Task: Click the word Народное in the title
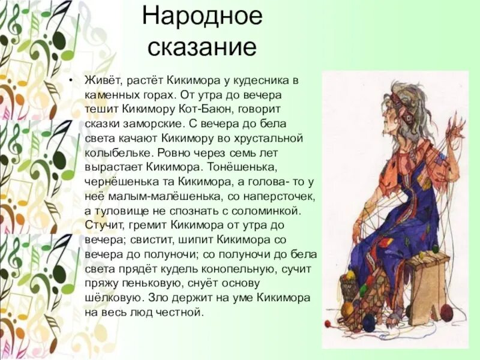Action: click(x=202, y=17)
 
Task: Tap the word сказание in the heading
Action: click(x=202, y=47)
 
